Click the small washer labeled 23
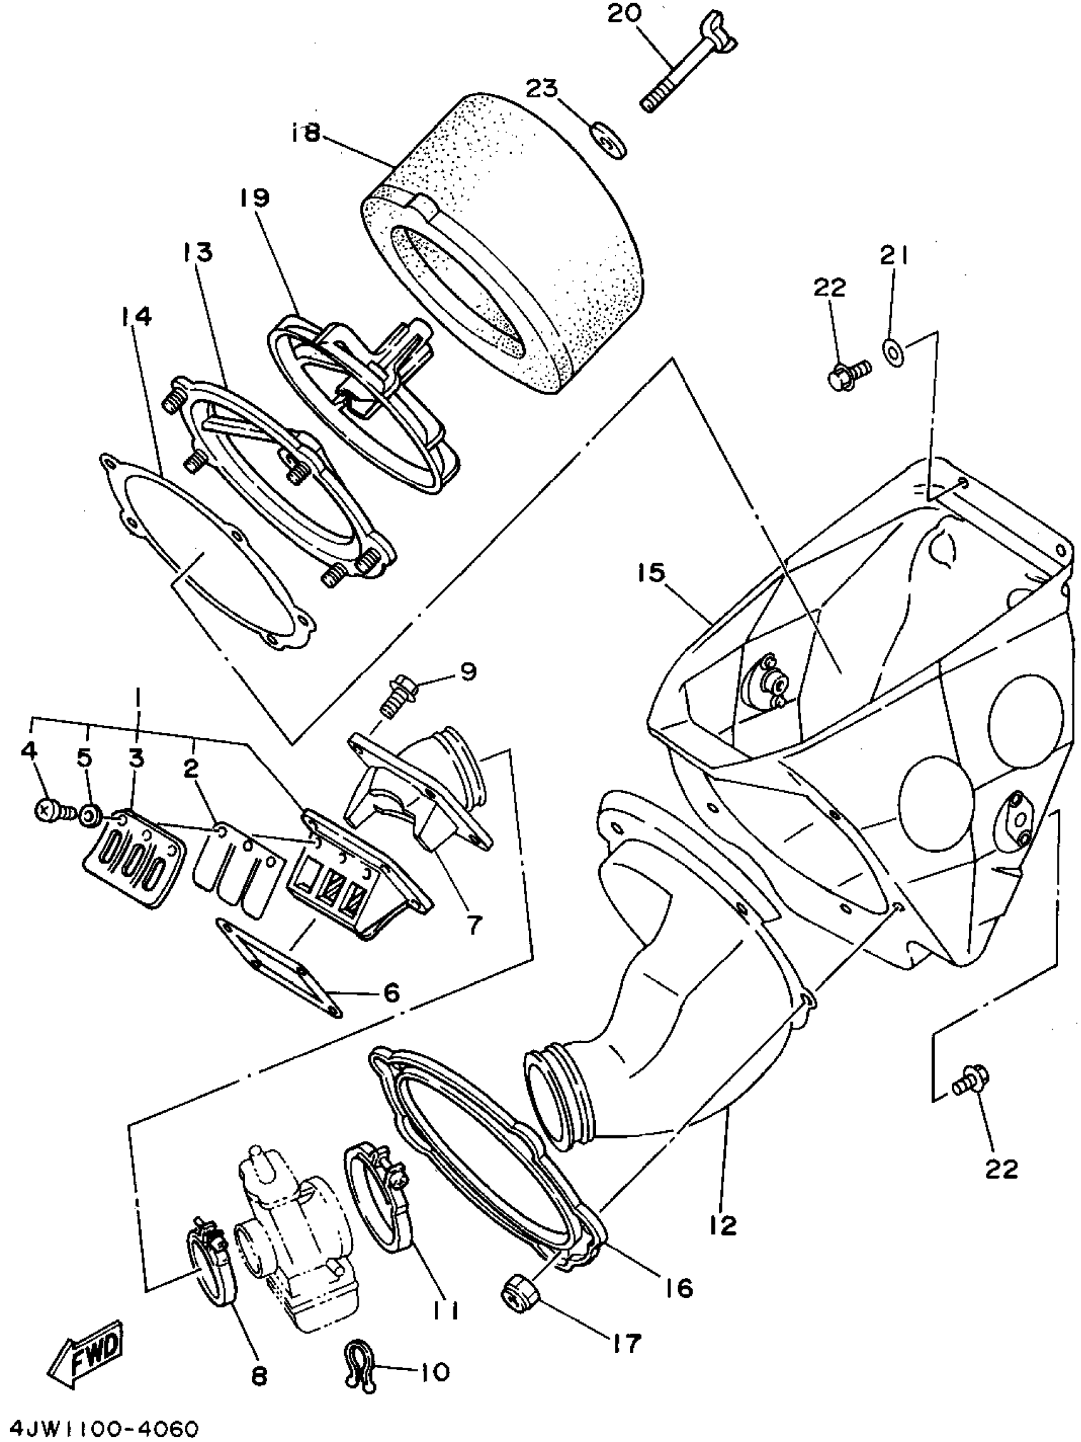point(609,139)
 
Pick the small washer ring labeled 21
point(893,349)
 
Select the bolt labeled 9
point(395,697)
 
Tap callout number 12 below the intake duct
point(722,1226)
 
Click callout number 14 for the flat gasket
point(135,318)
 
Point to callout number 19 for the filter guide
point(255,198)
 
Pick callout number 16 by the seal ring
point(679,1287)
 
